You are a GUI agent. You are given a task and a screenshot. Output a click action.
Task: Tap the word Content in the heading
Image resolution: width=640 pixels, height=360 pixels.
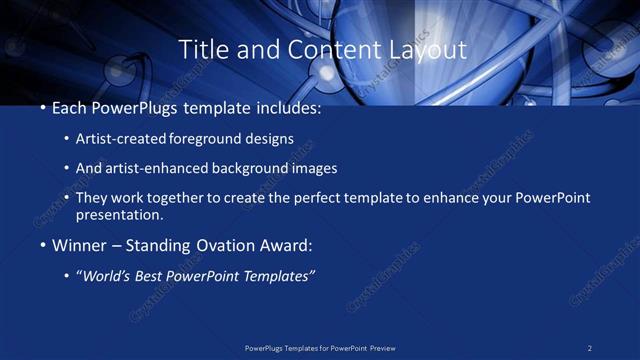click(x=329, y=49)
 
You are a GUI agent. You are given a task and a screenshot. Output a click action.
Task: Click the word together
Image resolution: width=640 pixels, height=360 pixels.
click(x=177, y=198)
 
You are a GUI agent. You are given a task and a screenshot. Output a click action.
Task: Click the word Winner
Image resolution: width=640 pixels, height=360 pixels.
click(x=76, y=245)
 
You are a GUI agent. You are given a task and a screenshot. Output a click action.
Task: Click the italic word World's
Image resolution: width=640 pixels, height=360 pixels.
click(x=105, y=275)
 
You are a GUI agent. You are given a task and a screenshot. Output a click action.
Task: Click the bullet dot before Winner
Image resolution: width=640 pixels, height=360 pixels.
click(x=42, y=245)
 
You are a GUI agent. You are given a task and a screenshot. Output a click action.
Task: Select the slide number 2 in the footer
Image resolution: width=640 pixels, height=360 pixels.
click(x=590, y=348)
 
